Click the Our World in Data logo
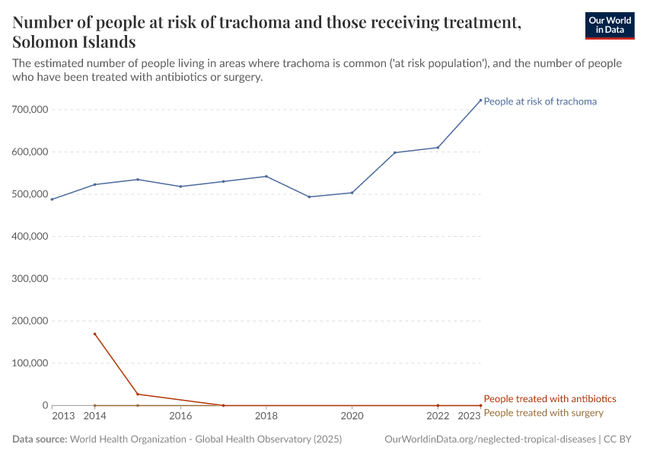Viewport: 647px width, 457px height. point(609,25)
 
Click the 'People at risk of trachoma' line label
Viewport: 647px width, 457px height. point(540,101)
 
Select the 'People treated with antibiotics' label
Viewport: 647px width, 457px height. point(550,398)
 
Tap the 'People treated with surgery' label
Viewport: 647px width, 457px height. point(543,413)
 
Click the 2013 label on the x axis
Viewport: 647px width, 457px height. point(63,416)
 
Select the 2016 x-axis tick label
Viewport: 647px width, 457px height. point(180,416)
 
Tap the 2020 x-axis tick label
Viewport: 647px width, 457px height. point(352,416)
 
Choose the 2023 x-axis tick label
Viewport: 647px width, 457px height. point(469,416)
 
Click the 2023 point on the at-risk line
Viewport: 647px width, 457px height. point(480,100)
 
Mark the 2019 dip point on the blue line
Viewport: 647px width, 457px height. point(309,197)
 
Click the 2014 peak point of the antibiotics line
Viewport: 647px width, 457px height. point(94,334)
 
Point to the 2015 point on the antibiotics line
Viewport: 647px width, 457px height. point(138,394)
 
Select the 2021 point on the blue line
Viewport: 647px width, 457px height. point(394,152)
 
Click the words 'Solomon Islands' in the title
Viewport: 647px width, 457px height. point(74,41)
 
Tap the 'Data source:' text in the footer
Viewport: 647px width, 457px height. point(39,439)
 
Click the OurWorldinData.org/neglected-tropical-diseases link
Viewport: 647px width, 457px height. point(490,439)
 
